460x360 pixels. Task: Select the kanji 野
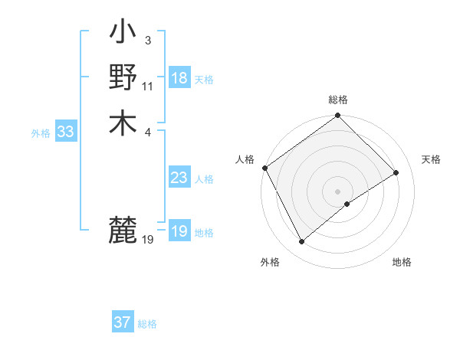click(x=123, y=78)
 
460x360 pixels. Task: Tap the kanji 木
click(x=123, y=123)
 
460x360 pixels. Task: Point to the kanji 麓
click(x=123, y=229)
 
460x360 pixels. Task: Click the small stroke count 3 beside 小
click(x=147, y=40)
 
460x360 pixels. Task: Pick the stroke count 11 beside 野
click(x=148, y=85)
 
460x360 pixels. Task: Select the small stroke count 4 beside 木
click(x=147, y=130)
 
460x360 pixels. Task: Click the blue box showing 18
click(x=179, y=78)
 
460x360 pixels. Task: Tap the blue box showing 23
click(x=179, y=178)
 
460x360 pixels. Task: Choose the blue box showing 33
click(x=65, y=132)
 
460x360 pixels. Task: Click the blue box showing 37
click(x=122, y=322)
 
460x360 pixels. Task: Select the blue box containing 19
click(x=179, y=231)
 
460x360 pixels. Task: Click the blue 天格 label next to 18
click(x=204, y=79)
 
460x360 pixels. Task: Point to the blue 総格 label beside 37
click(x=147, y=323)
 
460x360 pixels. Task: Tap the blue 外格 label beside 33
click(x=41, y=133)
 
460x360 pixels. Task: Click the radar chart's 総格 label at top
click(x=338, y=100)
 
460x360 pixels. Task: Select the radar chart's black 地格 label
click(x=402, y=263)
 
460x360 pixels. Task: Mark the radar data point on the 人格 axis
click(x=264, y=169)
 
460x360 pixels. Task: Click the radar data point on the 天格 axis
click(x=396, y=173)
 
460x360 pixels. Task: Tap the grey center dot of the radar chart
click(x=338, y=191)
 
